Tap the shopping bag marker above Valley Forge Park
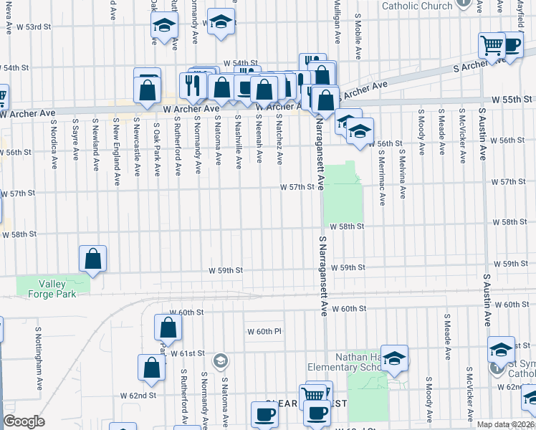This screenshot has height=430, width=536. tap(93, 259)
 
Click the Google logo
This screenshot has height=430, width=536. tap(24, 421)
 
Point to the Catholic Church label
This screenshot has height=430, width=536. tap(416, 6)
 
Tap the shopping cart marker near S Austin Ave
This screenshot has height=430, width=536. tap(492, 45)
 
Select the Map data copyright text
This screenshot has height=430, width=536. tap(506, 424)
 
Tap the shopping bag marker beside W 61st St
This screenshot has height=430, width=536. tap(168, 328)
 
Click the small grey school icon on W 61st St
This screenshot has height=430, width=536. tap(221, 360)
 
